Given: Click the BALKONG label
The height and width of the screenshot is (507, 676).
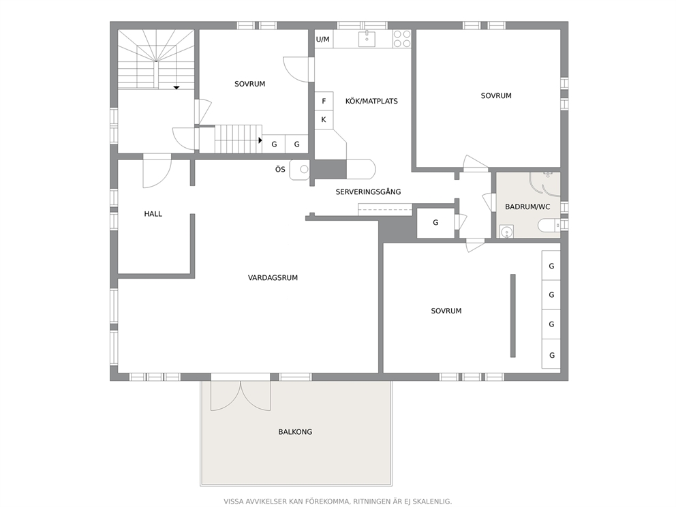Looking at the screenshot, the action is [x=295, y=431].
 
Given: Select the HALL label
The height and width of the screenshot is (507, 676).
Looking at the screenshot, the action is [x=153, y=214].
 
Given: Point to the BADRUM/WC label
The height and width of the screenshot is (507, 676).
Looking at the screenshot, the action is [x=527, y=207].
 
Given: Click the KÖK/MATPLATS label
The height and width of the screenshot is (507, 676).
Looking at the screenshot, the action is [x=371, y=102].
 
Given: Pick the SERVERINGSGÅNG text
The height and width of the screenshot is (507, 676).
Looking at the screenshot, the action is [x=368, y=192].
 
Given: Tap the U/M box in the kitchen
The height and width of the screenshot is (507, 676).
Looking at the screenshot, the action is [x=323, y=40].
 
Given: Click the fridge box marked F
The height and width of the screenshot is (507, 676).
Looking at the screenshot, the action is [x=324, y=102].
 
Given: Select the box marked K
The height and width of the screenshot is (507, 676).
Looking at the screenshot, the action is [x=324, y=120].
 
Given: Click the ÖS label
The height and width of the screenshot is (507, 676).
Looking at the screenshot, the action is [x=280, y=170].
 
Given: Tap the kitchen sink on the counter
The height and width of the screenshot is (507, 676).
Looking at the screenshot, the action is [x=367, y=39].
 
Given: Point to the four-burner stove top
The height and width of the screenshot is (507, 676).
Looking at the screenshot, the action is [x=402, y=39].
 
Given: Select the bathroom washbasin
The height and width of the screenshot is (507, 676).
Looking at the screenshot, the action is [x=507, y=232].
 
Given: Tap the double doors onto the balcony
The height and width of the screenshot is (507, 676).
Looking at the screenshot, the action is [x=241, y=395].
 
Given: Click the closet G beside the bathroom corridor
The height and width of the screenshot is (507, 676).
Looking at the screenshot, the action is [x=435, y=223].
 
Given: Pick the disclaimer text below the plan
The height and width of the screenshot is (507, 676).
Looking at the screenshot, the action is [x=337, y=502].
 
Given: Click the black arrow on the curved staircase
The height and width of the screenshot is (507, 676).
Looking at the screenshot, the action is [x=176, y=87].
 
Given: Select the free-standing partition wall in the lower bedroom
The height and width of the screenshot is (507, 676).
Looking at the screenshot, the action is [x=513, y=316].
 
